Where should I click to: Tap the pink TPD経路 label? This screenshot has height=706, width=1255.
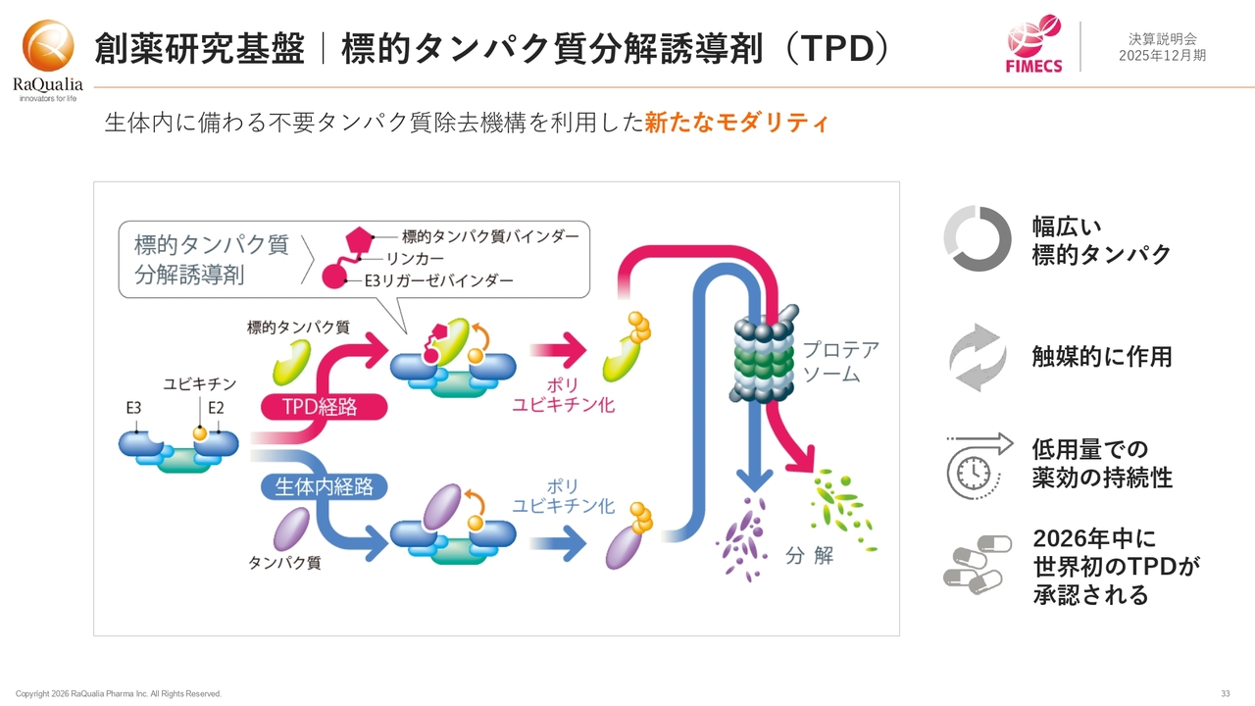coord(320,406)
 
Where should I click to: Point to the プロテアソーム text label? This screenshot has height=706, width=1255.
coord(840,362)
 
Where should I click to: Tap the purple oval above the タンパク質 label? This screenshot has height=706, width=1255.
coord(291,529)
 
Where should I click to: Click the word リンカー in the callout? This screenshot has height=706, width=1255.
coord(415,259)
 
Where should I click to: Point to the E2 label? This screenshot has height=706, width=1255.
coord(215,407)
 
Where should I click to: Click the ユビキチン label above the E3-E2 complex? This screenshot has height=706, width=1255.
coord(199,385)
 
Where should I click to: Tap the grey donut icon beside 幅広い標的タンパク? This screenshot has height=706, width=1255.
coord(977,238)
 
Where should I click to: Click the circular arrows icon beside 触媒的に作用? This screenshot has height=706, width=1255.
coord(978,357)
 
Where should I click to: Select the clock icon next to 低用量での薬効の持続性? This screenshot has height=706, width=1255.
coord(978,465)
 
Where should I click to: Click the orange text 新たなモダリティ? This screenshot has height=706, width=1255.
coord(736,124)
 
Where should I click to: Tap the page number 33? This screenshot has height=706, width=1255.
coord(1226,694)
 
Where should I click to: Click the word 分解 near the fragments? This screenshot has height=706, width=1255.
coord(809,556)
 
